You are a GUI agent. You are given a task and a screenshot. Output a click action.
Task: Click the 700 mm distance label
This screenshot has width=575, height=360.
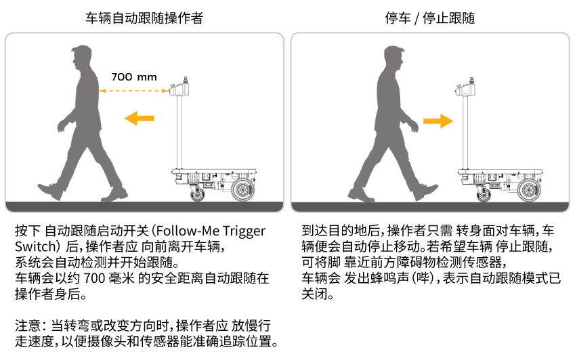tap(134, 77)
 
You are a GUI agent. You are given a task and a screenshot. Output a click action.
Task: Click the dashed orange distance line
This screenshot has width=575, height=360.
tap(134, 91)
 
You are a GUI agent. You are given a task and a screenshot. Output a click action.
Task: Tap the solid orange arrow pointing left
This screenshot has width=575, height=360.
tap(140, 118)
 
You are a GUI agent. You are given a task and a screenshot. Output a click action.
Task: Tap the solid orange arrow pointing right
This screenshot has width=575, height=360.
tap(438, 121)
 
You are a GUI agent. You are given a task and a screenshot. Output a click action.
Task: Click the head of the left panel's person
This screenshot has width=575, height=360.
tap(82, 58)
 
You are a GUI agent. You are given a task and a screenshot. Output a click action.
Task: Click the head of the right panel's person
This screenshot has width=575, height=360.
tap(395, 58)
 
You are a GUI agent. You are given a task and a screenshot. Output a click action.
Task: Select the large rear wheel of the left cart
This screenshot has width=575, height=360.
tap(242, 189)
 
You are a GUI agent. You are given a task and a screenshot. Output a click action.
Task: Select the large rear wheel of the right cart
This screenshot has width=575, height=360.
tap(529, 189)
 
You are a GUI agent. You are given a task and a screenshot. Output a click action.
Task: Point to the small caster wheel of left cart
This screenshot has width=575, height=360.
tap(198, 194)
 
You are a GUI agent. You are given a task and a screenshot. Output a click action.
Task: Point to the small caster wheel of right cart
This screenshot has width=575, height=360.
tap(484, 194)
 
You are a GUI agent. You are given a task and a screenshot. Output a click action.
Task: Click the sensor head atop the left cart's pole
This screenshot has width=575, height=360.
tap(179, 87)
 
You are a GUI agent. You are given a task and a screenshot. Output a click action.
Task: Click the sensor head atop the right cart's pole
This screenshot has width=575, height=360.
tap(465, 87)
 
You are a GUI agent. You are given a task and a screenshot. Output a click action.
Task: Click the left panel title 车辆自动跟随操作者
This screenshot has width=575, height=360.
tap(144, 18)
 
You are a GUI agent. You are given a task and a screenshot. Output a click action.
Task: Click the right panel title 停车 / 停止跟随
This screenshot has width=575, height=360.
tap(430, 18)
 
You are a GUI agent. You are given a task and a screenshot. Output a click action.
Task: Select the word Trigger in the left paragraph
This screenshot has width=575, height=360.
tap(244, 231)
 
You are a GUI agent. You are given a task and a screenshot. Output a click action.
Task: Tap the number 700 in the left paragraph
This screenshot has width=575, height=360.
tap(95, 278)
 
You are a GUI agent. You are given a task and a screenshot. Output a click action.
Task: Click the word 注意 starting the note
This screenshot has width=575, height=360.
tap(28, 325)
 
